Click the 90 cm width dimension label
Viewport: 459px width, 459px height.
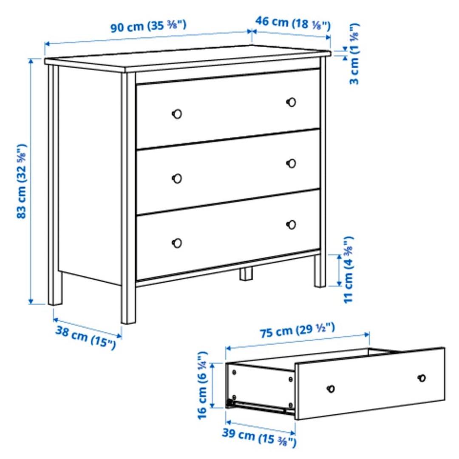(148, 26)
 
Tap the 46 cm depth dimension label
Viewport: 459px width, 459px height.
(293, 23)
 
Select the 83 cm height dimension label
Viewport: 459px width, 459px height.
(22, 181)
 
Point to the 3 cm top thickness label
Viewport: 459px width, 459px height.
(354, 54)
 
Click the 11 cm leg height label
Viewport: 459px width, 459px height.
(348, 269)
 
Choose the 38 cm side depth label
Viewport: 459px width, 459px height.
(86, 337)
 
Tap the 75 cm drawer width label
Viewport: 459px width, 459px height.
(297, 330)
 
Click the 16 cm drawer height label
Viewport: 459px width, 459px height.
(202, 385)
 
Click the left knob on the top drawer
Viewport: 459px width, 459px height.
(177, 113)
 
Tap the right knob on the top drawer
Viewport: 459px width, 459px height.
(291, 102)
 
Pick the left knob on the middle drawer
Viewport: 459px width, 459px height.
(177, 178)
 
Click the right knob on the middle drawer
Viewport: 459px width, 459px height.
(291, 163)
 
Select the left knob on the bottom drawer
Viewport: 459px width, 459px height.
(177, 243)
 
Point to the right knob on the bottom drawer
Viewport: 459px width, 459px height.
(291, 224)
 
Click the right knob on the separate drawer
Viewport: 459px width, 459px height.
(422, 378)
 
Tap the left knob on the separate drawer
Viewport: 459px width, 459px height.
(331, 389)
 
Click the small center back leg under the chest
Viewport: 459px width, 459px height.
(246, 273)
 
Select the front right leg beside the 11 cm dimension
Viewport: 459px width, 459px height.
(320, 271)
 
